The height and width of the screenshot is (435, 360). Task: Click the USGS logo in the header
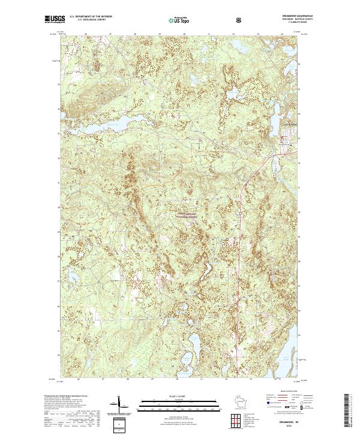click(x=53, y=19)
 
